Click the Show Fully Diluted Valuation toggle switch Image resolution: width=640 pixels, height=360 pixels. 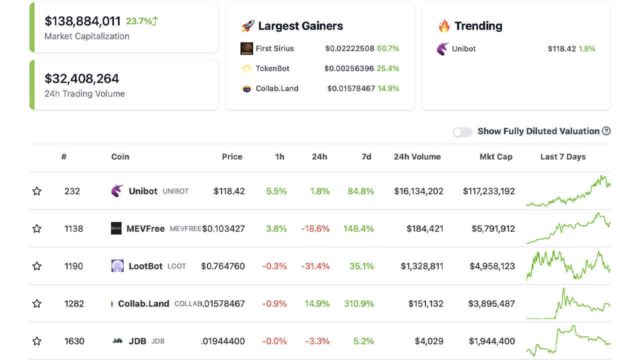tap(462, 132)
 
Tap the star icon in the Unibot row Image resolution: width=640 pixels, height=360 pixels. tap(37, 191)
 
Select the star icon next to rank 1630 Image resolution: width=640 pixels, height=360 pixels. tap(37, 341)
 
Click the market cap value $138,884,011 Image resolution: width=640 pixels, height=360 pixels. tap(82, 21)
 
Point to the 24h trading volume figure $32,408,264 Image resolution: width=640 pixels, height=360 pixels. tap(82, 78)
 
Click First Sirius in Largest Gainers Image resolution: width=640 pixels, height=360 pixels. tap(274, 48)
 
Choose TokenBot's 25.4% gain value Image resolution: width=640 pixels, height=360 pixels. tap(388, 68)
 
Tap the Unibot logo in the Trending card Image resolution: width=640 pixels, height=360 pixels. tap(443, 49)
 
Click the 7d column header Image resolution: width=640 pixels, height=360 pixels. tap(366, 157)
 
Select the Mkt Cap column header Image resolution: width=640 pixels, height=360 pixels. tap(495, 157)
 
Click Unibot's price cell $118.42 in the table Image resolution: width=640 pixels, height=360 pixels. tap(229, 191)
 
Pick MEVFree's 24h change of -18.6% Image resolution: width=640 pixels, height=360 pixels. tap(315, 228)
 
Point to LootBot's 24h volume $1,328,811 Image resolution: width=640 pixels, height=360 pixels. tap(421, 266)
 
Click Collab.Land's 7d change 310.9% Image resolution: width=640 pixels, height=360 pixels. tap(358, 303)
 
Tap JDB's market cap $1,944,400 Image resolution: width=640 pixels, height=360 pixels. tap(491, 341)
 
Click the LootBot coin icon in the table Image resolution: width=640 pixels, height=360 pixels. tap(117, 266)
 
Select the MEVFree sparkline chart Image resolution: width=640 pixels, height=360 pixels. tap(568, 228)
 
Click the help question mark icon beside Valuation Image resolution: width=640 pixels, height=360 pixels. tap(606, 131)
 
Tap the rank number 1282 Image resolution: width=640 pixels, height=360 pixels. tap(74, 303)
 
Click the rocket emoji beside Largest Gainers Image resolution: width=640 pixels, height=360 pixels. tap(247, 26)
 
